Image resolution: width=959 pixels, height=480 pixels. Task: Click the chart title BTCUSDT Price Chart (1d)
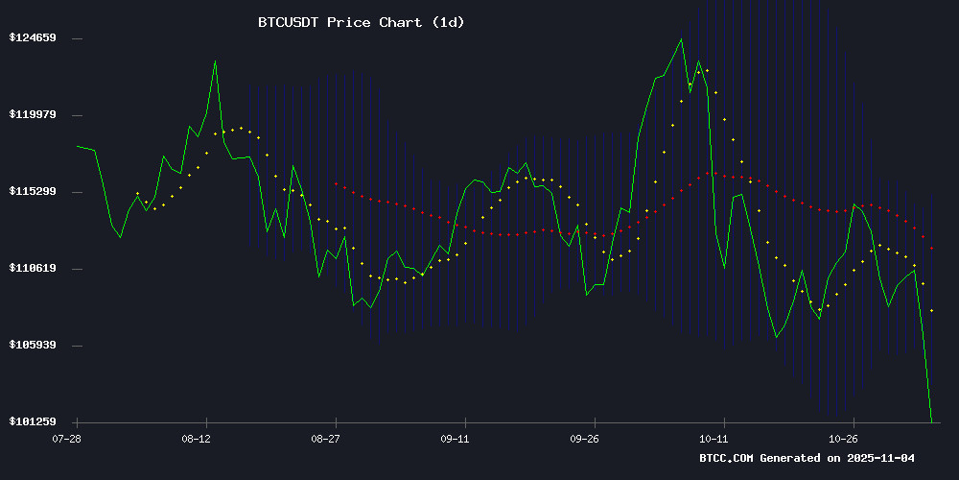pos(361,22)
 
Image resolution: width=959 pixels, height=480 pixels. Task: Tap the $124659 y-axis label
pos(33,37)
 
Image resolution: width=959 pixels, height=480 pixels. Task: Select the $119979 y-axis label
pos(33,114)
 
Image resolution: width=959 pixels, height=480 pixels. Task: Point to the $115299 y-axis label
pos(33,191)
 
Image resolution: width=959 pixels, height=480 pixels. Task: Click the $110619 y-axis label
pos(33,268)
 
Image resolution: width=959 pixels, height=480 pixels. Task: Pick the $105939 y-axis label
pos(33,345)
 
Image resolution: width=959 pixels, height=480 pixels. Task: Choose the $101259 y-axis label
pos(33,421)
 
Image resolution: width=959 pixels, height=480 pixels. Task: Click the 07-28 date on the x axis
pos(66,438)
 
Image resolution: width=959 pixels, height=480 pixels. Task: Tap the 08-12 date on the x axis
pos(196,438)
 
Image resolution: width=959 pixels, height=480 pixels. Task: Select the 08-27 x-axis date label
pos(326,438)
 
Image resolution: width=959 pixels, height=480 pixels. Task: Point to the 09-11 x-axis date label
pos(456,438)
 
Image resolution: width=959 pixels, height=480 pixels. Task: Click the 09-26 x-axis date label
pos(586,438)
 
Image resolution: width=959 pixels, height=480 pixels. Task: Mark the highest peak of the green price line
pos(681,39)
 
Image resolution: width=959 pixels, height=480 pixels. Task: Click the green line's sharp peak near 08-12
pos(215,61)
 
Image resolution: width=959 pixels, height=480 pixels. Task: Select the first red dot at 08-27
pos(336,183)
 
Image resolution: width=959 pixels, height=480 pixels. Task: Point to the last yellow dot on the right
pos(931,310)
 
